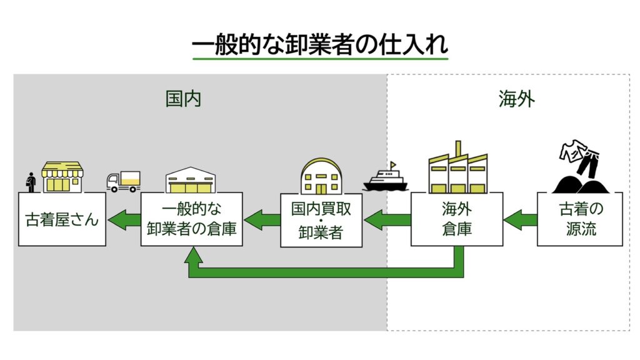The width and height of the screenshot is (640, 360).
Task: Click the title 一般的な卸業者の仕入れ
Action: [320, 46]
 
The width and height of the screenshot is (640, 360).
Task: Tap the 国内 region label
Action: [183, 99]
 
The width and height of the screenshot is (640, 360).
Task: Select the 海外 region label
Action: [516, 99]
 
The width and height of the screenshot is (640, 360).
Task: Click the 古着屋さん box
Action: [62, 219]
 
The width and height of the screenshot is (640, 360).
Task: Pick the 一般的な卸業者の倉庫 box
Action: [191, 219]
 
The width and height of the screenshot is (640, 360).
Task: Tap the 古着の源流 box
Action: [579, 219]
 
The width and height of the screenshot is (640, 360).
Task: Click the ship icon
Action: [386, 177]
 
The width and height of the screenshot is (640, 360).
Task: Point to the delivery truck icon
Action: [123, 181]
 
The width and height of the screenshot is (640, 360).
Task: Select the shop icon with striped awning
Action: [62, 177]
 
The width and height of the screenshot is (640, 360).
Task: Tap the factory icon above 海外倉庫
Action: [457, 169]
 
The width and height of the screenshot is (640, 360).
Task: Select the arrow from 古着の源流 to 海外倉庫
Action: [520, 219]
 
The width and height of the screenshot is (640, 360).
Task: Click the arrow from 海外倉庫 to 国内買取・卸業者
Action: [387, 219]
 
